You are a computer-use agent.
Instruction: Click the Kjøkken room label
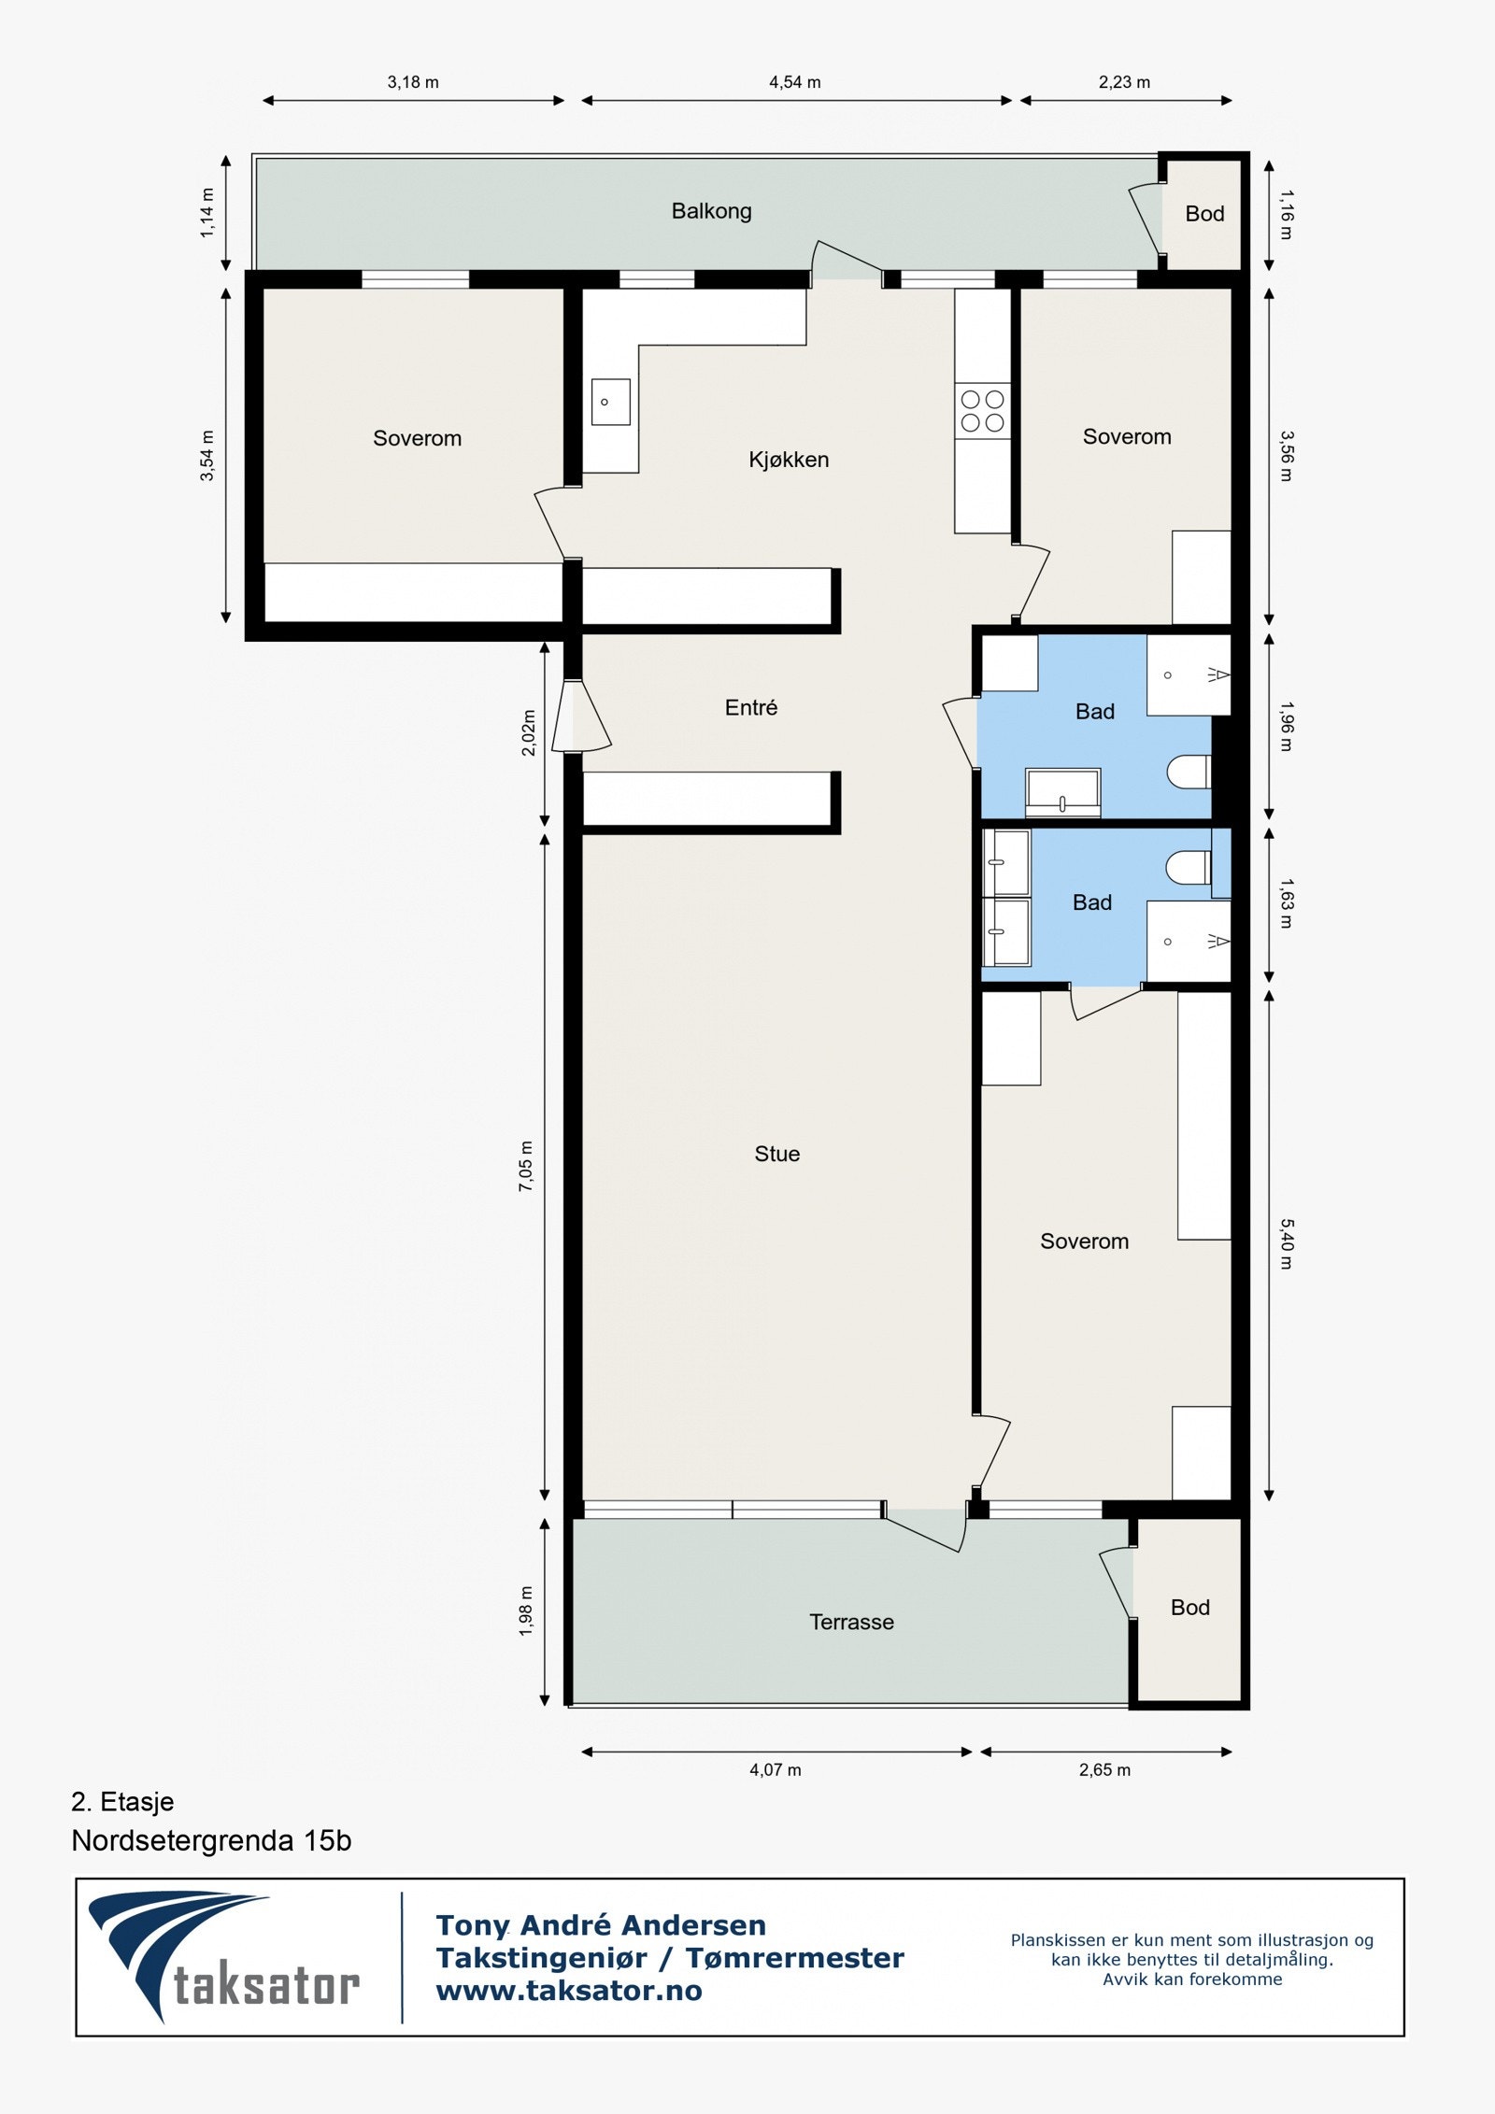point(788,460)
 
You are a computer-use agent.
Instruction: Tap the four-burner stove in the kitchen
point(982,411)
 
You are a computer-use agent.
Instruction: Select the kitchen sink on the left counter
point(610,402)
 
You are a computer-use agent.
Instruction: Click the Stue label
point(776,1154)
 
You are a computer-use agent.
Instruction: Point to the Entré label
point(750,708)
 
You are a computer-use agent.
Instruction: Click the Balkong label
point(711,211)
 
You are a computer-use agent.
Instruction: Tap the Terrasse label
point(851,1622)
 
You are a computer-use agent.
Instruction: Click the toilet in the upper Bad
point(1188,772)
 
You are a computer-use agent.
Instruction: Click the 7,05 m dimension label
point(526,1166)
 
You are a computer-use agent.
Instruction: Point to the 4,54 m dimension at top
point(794,82)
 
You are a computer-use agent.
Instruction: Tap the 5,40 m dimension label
point(1286,1243)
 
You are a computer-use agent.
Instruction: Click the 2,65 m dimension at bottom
point(1104,1769)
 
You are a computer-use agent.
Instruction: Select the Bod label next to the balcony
point(1204,214)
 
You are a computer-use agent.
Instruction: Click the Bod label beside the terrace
point(1189,1607)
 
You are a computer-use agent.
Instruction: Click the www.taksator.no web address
point(568,1991)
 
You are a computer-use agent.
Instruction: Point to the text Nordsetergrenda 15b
point(211,1840)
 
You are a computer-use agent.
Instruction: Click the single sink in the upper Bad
point(1062,792)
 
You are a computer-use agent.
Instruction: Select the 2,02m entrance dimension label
point(528,732)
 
